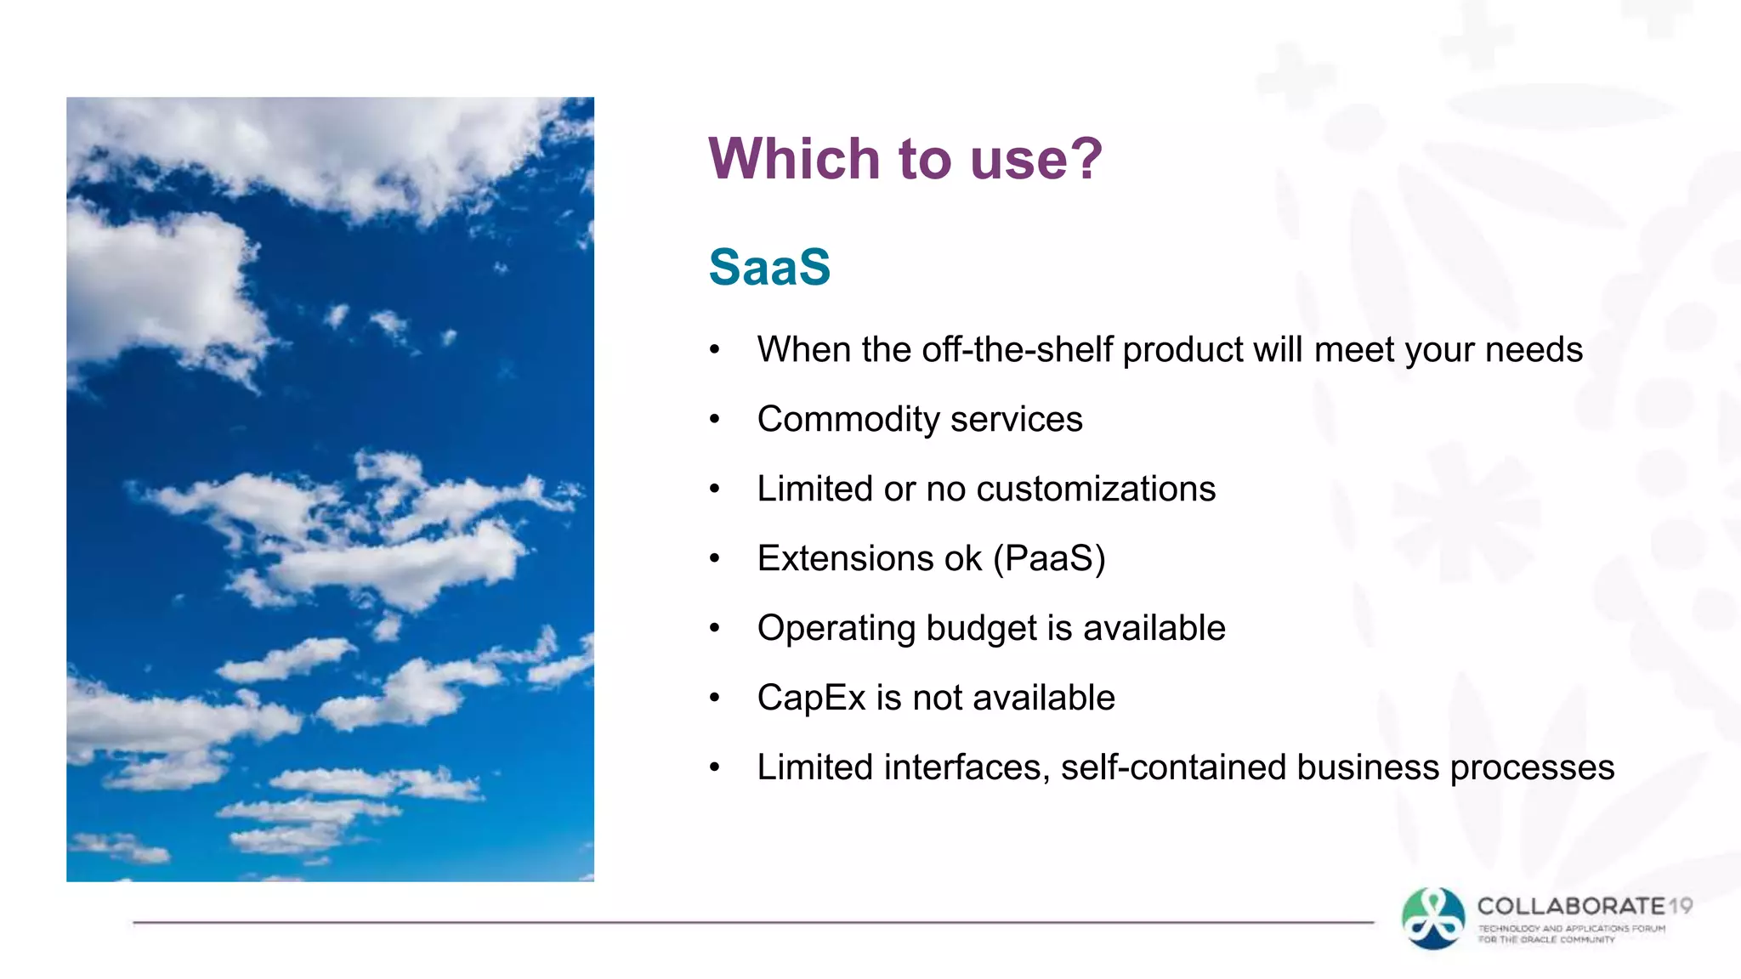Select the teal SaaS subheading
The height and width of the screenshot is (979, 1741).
[x=769, y=267]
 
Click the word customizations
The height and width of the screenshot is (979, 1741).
[x=1096, y=489]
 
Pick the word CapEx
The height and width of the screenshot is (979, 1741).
[x=811, y=699]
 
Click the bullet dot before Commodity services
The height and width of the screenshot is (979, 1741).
[x=715, y=419]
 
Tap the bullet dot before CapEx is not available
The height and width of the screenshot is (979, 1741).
[x=715, y=698]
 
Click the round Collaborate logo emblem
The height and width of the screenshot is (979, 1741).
[x=1433, y=919]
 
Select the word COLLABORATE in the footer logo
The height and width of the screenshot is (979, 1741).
[x=1571, y=906]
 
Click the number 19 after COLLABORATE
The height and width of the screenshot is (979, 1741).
[x=1681, y=906]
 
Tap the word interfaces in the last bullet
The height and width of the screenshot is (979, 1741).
[x=962, y=768]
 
